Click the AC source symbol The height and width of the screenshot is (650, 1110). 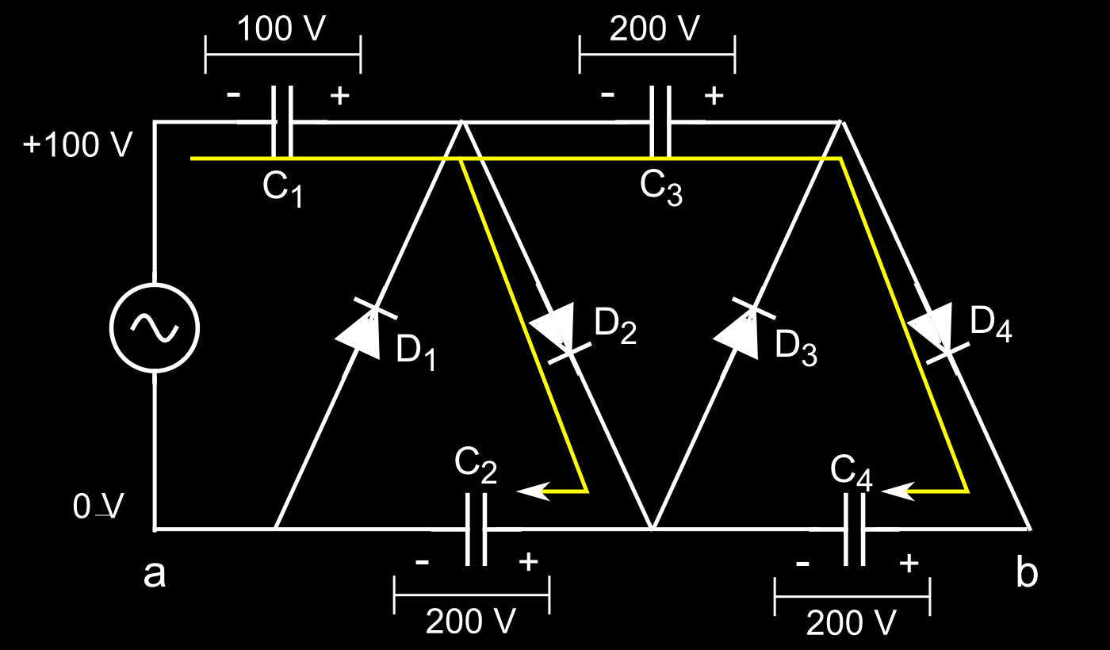(x=154, y=327)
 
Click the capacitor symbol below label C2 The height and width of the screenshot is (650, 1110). (x=475, y=529)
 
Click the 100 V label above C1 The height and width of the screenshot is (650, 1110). (x=282, y=29)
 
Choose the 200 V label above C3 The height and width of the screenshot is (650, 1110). (x=656, y=29)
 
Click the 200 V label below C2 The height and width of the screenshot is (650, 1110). (x=471, y=622)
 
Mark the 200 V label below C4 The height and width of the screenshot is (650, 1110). (x=852, y=623)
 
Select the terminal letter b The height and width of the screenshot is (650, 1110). (x=1026, y=572)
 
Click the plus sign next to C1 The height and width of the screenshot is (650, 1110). (x=339, y=96)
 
